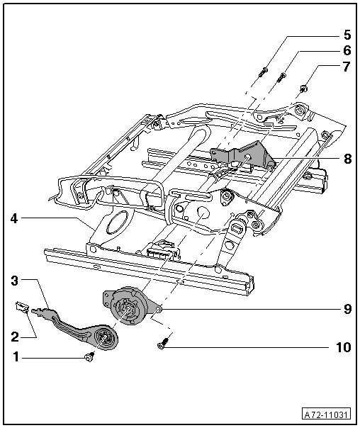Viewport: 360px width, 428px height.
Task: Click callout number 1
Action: (x=16, y=356)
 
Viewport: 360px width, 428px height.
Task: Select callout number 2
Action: (x=15, y=337)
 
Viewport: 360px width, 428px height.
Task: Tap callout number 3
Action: (x=15, y=281)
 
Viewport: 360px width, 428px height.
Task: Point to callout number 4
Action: (x=14, y=218)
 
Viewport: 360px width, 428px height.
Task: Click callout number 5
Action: (x=347, y=35)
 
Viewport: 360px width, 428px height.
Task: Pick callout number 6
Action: (x=347, y=50)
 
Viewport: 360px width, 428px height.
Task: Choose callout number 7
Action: (x=347, y=67)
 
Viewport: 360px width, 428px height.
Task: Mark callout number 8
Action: (x=347, y=159)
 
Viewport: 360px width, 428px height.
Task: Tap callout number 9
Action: (x=347, y=309)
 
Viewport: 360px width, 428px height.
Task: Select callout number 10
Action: (x=344, y=347)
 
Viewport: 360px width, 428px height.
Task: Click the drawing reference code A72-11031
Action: (x=327, y=415)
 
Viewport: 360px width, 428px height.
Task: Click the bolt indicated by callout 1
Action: (x=90, y=356)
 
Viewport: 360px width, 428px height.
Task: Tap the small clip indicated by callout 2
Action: (x=22, y=306)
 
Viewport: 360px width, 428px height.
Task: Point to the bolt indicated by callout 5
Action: (x=263, y=72)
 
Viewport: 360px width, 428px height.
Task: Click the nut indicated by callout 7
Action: (x=303, y=88)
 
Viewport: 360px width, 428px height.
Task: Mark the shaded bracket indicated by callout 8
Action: (x=243, y=156)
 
